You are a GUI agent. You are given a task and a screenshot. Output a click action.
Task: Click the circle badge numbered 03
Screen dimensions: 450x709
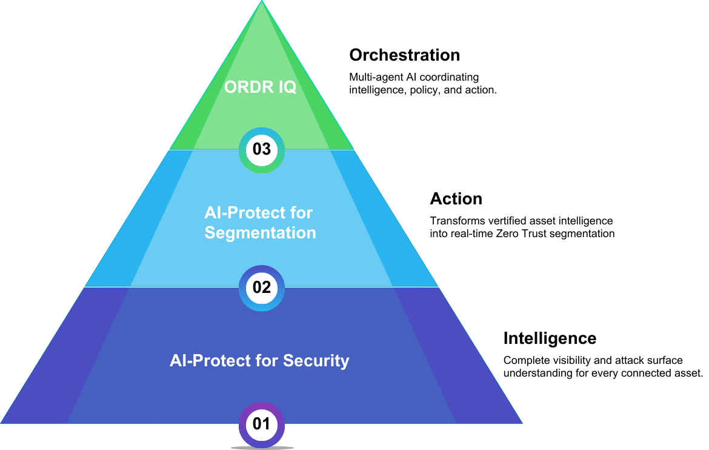pos(262,149)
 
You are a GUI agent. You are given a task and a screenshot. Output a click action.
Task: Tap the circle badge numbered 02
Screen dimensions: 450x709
pos(262,287)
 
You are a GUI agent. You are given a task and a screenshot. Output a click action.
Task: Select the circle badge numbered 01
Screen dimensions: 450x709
pos(262,424)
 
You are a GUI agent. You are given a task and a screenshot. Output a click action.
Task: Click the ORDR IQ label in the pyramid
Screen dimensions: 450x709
pos(261,87)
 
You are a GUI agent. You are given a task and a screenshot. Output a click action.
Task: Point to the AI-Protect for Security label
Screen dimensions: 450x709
pos(259,361)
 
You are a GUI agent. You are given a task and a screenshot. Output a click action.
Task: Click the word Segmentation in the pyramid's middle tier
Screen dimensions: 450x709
pos(261,233)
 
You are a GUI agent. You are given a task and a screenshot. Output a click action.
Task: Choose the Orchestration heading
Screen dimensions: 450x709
pos(404,55)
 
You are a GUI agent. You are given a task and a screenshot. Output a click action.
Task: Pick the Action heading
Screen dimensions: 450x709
pos(456,199)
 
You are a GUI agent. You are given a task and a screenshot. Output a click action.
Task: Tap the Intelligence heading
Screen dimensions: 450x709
pos(550,338)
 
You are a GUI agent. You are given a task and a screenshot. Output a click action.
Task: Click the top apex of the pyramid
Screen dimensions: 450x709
pos(262,2)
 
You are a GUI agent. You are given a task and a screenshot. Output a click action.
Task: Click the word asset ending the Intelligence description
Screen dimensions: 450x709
pos(688,373)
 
